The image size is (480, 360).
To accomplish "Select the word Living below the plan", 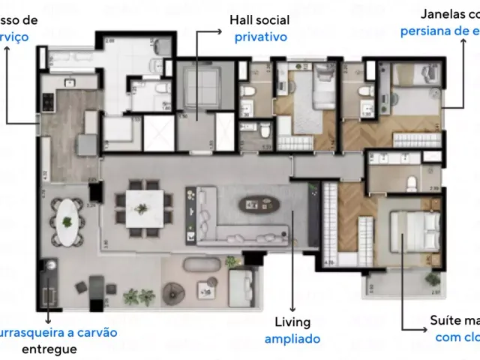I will tap(292, 322).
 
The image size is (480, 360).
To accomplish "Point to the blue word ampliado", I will tap(292, 338).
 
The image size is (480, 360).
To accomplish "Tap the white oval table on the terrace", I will tap(67, 223).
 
